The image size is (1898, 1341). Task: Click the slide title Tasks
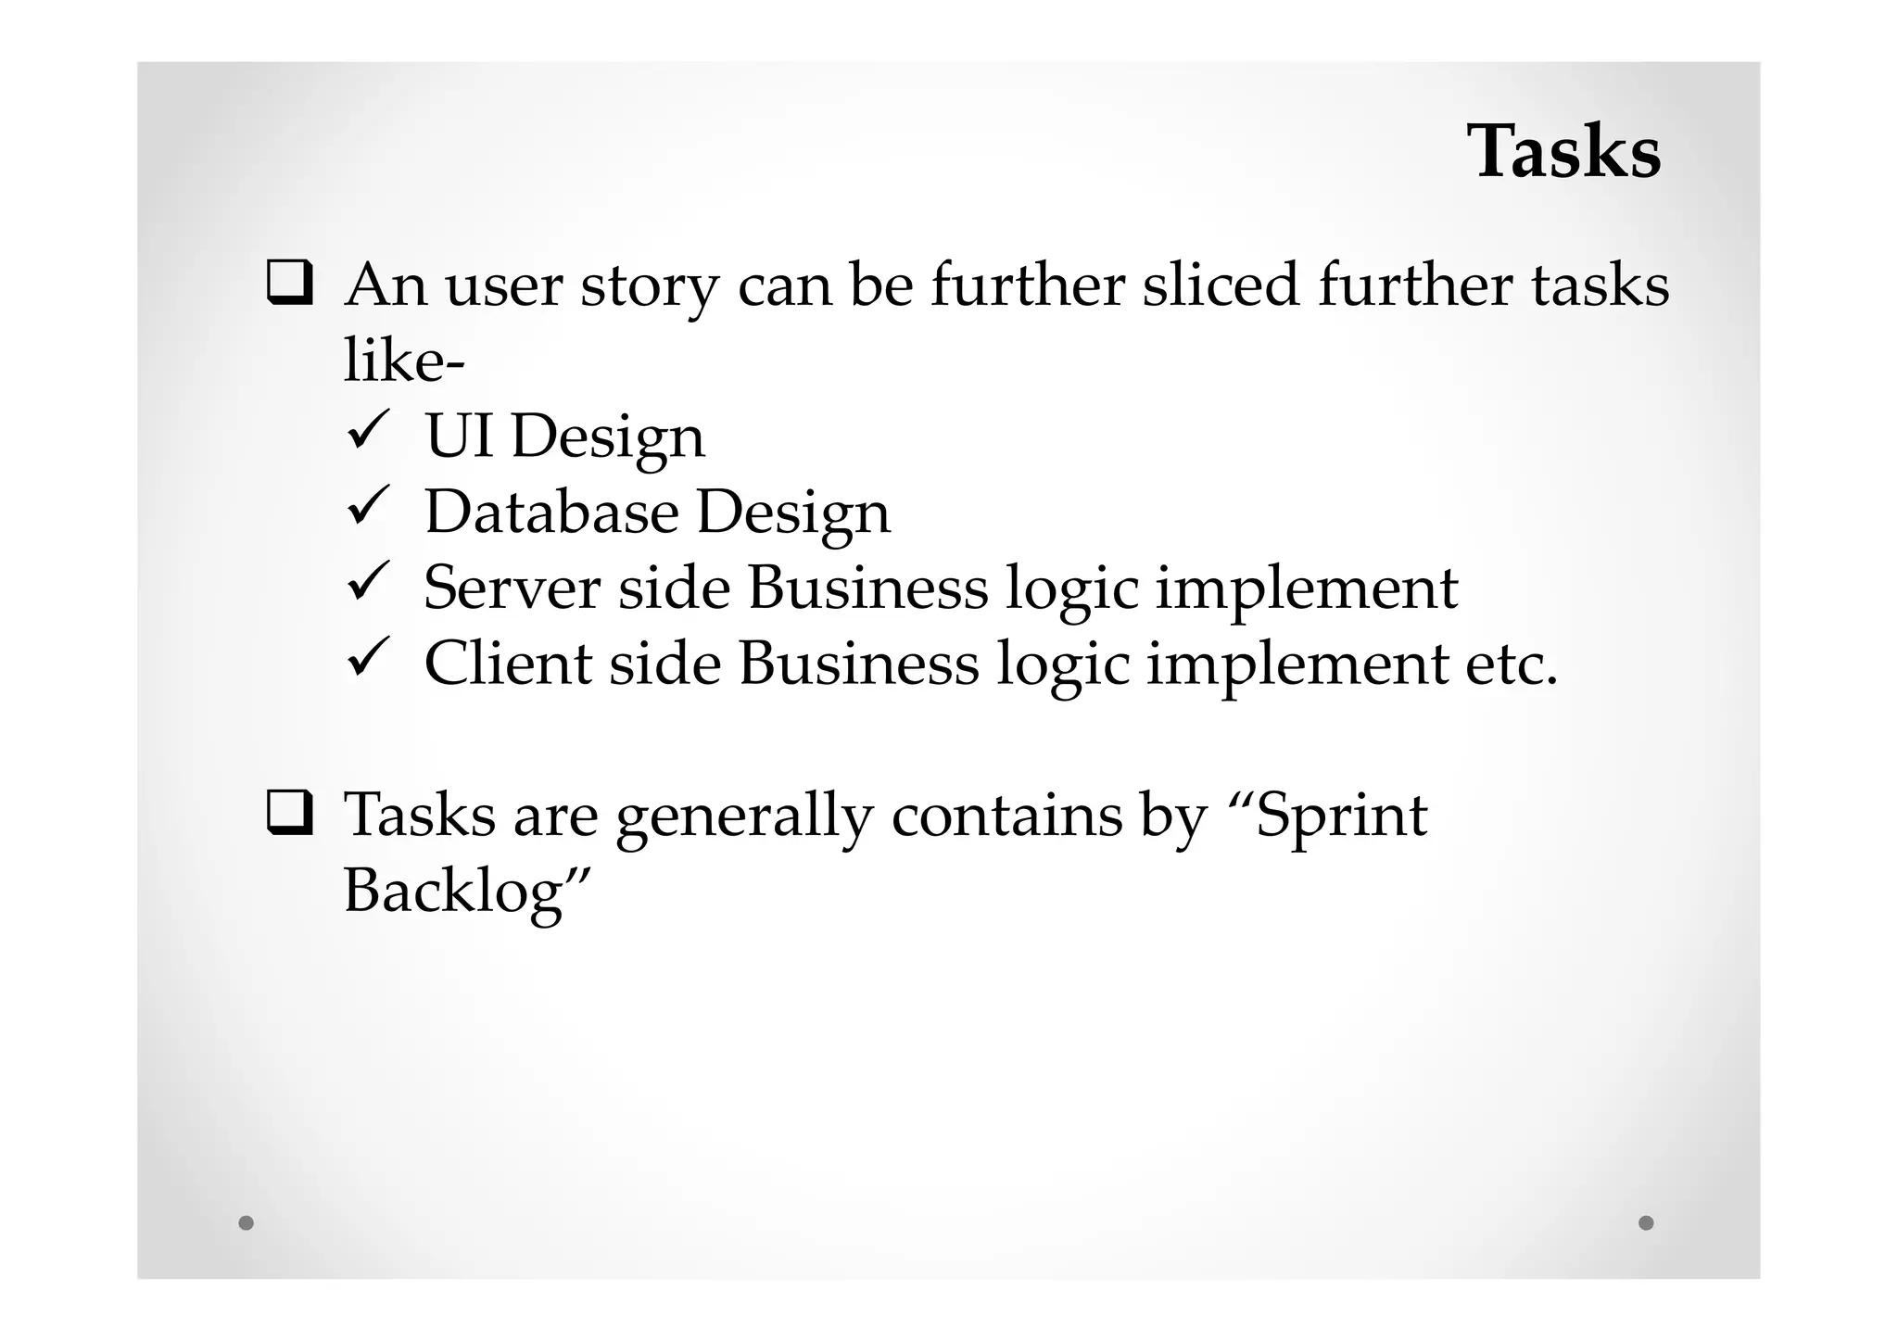coord(1563,151)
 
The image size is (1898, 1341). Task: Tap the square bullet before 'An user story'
coord(289,284)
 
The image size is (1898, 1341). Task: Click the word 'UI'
coord(458,436)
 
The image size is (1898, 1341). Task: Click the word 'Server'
coord(512,588)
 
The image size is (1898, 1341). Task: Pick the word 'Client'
coord(507,664)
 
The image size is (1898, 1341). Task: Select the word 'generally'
coord(744,816)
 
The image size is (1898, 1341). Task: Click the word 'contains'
coord(1006,815)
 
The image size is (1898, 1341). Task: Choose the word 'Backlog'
coord(453,892)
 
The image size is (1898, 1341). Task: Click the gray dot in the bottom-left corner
coord(246,1222)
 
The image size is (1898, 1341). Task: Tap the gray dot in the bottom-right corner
coord(1646,1222)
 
